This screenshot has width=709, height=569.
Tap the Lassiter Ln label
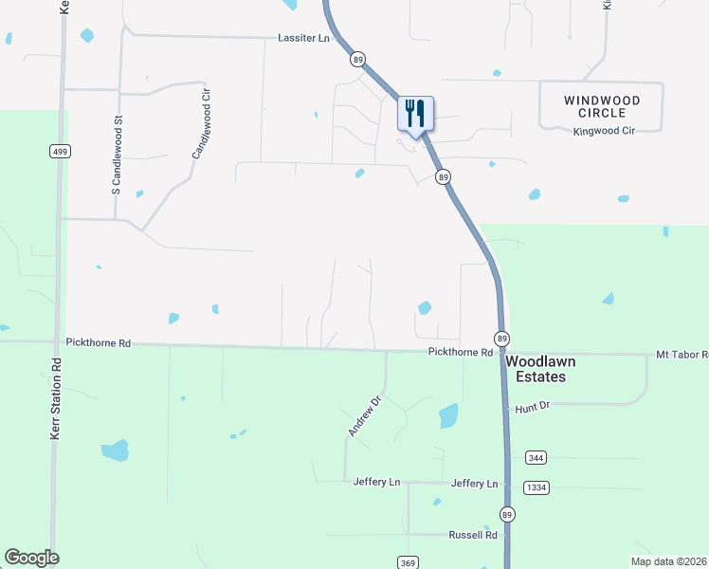pyautogui.click(x=303, y=38)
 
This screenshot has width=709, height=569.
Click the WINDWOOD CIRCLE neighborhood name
pyautogui.click(x=602, y=106)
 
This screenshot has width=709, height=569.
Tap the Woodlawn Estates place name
pyautogui.click(x=540, y=369)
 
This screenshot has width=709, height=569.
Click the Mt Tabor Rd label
pyautogui.click(x=682, y=355)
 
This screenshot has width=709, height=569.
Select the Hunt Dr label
pyautogui.click(x=533, y=408)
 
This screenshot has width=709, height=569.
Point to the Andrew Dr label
pyautogui.click(x=363, y=416)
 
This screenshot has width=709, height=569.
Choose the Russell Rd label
pyautogui.click(x=473, y=535)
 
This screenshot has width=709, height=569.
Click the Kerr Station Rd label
pyautogui.click(x=55, y=398)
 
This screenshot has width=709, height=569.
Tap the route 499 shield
pyautogui.click(x=59, y=152)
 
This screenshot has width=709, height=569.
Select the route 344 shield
pyautogui.click(x=536, y=458)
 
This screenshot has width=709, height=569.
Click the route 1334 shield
pyautogui.click(x=536, y=487)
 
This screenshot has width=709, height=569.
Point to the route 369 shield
pyautogui.click(x=408, y=562)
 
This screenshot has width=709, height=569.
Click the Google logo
pyautogui.click(x=31, y=558)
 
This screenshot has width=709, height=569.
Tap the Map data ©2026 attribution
pyautogui.click(x=668, y=561)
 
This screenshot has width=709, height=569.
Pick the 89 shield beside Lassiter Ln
pyautogui.click(x=357, y=60)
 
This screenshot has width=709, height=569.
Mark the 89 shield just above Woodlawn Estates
pyautogui.click(x=500, y=339)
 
